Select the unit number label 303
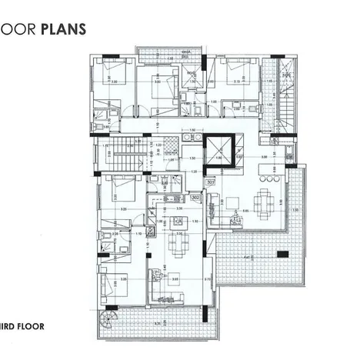coord(212,182)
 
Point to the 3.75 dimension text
coord(208,279)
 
